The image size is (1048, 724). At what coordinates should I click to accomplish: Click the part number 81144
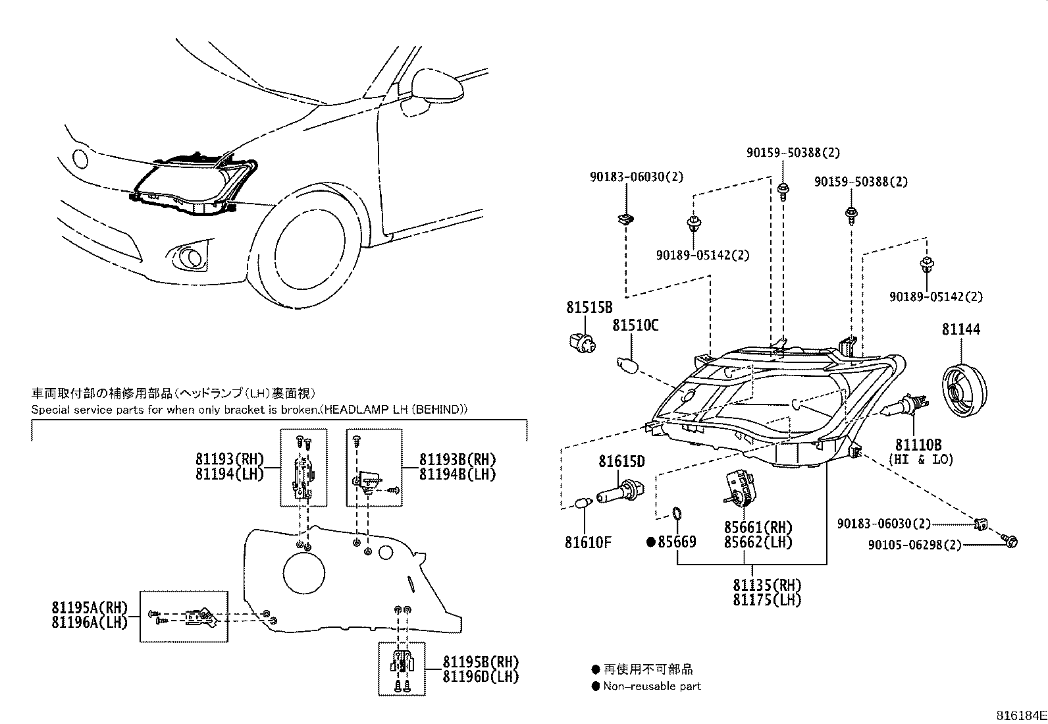point(960,329)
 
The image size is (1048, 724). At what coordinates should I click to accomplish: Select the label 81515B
point(589,307)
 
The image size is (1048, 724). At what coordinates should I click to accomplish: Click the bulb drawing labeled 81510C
point(627,364)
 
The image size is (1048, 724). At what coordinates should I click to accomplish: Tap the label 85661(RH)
point(758,528)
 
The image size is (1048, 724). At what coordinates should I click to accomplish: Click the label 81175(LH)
point(767,600)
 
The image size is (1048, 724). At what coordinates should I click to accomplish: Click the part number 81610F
point(587,543)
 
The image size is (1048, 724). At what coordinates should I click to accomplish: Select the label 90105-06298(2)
point(914,545)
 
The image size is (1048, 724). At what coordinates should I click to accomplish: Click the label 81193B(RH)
point(457,460)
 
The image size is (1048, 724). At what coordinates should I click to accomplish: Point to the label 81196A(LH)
point(89,622)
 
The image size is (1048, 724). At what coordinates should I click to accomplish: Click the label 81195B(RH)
point(480,662)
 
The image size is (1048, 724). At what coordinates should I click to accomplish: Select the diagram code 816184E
point(1020,715)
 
